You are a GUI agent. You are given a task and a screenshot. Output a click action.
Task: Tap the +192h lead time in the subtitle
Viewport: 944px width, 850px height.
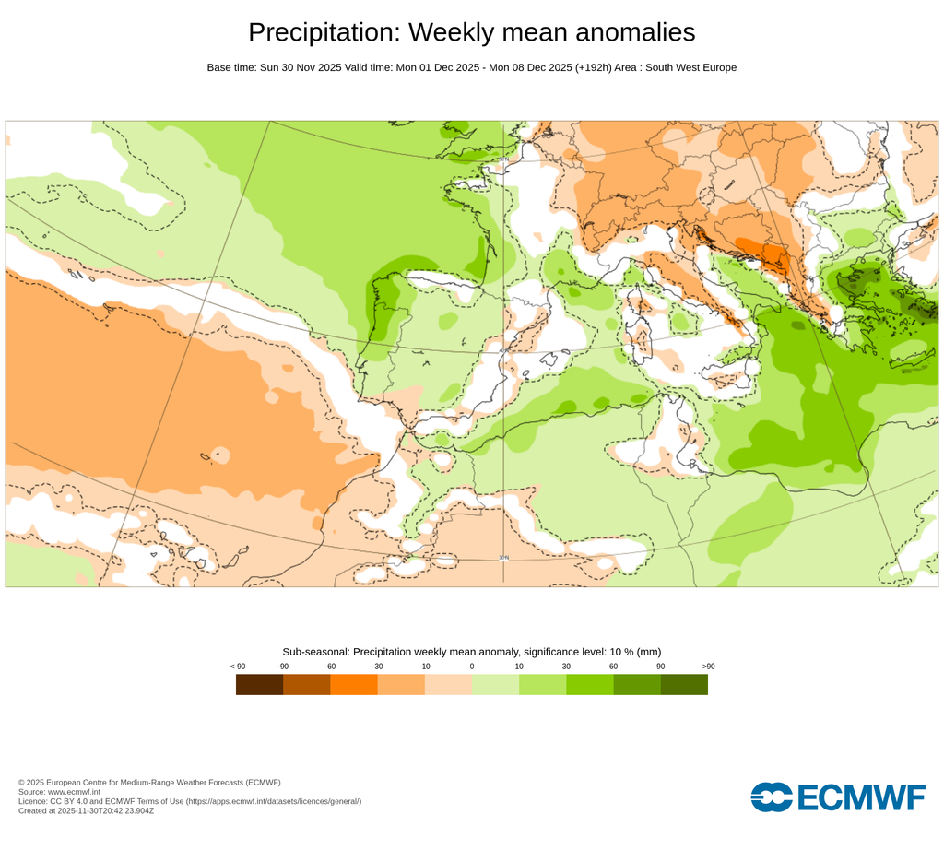click(598, 67)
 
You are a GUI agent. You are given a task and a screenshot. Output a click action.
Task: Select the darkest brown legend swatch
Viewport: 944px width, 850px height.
click(259, 684)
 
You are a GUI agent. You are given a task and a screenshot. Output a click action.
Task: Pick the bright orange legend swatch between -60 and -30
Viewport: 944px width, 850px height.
click(354, 684)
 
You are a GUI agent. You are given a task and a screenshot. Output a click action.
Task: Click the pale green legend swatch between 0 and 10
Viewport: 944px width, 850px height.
click(495, 684)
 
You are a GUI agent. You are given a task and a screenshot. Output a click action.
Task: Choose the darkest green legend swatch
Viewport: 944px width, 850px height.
click(684, 684)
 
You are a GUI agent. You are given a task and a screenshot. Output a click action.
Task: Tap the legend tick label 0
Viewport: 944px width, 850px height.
click(472, 667)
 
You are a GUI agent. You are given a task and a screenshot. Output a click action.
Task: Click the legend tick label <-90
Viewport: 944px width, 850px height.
click(237, 667)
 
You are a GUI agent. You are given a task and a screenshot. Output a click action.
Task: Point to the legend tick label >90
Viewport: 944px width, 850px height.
click(708, 667)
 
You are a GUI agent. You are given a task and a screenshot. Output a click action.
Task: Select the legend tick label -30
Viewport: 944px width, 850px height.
click(377, 667)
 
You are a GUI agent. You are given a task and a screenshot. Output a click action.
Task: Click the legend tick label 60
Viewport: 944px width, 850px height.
click(613, 667)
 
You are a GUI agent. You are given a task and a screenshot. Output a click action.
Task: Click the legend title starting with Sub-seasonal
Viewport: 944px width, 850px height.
click(471, 652)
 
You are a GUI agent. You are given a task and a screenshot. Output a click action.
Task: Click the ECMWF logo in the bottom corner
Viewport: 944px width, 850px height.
click(837, 797)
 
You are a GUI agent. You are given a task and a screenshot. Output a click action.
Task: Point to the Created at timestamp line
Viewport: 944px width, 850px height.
click(86, 811)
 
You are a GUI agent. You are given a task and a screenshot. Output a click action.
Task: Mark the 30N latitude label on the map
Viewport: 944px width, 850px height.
click(503, 558)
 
